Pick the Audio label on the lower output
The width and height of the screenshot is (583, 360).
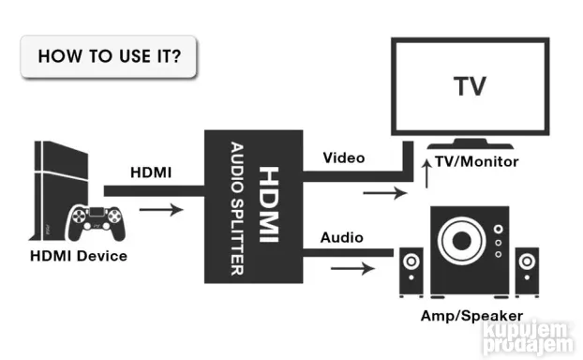coord(342,238)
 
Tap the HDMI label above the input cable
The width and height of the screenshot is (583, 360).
coord(151,173)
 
